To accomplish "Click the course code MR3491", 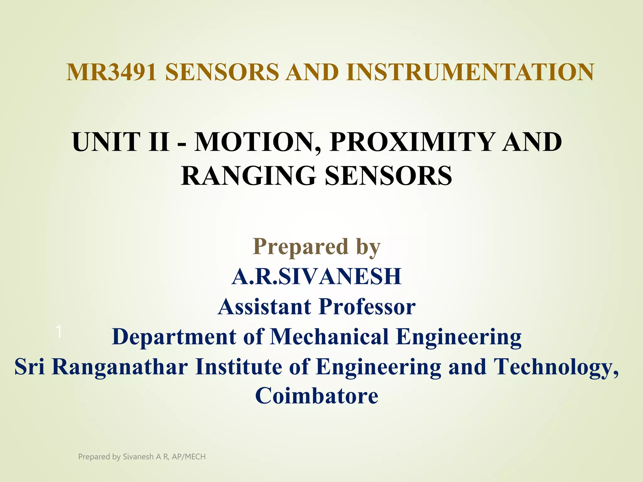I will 111,72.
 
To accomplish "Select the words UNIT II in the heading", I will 121,142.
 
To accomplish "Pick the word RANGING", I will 248,176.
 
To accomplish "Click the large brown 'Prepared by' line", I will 316,247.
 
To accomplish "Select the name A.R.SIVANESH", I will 316,277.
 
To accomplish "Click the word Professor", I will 367,307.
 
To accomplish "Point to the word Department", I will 174,337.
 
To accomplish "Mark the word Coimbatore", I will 316,396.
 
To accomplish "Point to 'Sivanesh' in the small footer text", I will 138,457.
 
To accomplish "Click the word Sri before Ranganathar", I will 30,367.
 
